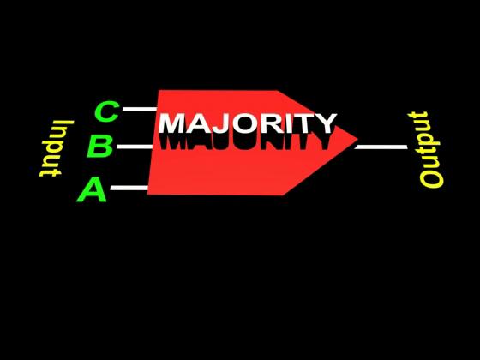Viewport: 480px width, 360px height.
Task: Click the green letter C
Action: [x=107, y=111]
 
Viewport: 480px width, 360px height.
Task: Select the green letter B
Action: [x=99, y=147]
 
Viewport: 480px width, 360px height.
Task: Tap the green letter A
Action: [x=92, y=190]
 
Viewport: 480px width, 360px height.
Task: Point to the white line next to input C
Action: [x=140, y=109]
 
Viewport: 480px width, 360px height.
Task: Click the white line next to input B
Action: [x=135, y=147]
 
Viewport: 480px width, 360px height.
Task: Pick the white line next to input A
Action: [x=129, y=188]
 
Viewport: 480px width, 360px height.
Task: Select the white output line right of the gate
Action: [x=381, y=147]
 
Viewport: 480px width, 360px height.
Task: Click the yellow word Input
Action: [x=57, y=148]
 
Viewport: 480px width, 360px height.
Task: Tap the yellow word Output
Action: [x=425, y=149]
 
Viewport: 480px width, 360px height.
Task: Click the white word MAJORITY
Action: [x=248, y=123]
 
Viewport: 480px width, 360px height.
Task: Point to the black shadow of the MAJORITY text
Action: [x=245, y=141]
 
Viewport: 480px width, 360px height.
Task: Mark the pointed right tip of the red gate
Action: [x=357, y=139]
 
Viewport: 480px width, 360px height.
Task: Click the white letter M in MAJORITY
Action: [x=172, y=123]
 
